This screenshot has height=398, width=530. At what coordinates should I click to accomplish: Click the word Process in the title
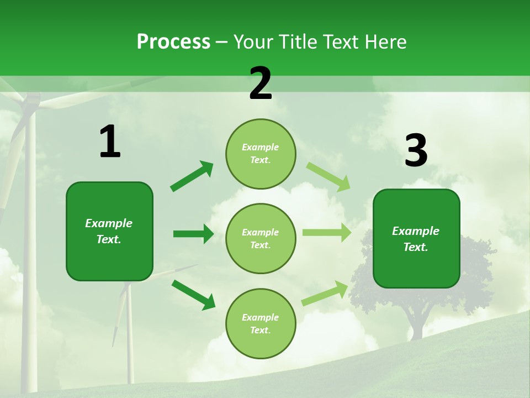173,42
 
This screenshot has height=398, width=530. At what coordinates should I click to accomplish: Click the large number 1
110,142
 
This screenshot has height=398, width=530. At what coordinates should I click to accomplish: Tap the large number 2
261,83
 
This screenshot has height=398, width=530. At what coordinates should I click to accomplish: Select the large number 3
416,151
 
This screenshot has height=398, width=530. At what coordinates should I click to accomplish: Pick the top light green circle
261,154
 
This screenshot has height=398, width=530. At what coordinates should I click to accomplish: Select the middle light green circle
261,239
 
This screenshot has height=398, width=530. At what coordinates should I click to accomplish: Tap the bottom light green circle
261,324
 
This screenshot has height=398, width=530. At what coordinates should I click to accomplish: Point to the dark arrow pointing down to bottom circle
193,295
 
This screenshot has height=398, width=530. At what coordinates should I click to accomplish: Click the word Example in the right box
416,231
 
